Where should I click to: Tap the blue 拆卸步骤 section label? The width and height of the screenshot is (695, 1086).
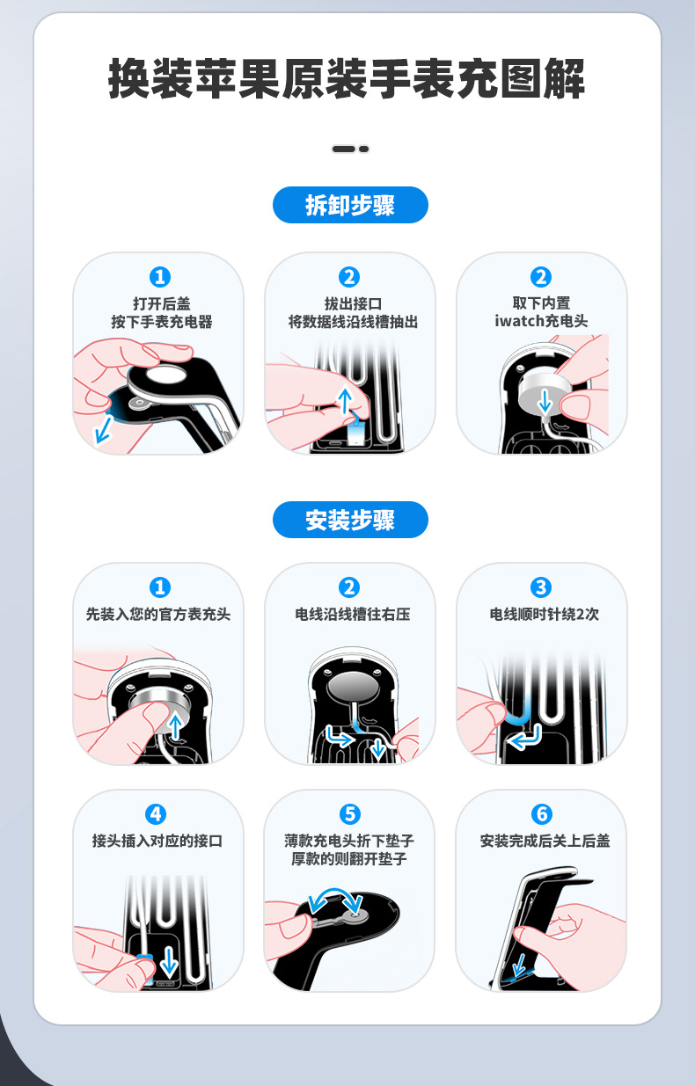coord(350,206)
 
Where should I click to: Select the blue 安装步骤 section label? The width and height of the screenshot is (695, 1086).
coord(350,521)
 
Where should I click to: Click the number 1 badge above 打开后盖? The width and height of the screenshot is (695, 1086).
coord(159,277)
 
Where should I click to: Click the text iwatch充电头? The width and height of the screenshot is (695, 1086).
coord(541,322)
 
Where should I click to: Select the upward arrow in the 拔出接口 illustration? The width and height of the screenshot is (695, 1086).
coord(345,402)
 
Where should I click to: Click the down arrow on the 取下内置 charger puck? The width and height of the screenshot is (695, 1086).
coord(545,402)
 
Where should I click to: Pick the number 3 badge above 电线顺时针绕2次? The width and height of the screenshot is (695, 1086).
coord(541,587)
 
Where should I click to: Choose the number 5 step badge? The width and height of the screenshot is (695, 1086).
coord(350,814)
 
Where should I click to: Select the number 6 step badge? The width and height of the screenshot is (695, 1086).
coord(542,814)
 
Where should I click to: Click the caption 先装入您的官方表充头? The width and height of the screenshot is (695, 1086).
coord(158,615)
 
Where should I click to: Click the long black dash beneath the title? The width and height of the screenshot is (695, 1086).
coord(343,149)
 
